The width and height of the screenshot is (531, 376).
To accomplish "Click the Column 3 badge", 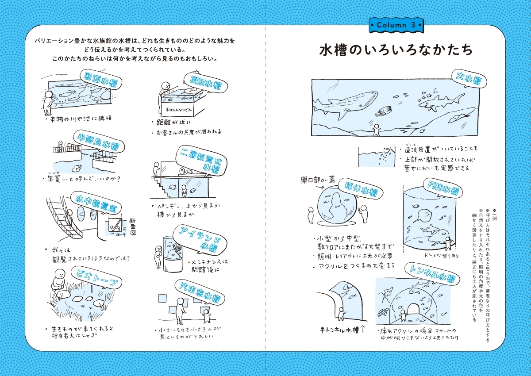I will click(x=395, y=25).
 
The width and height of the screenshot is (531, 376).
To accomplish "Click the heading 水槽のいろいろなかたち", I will click(x=396, y=50).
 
